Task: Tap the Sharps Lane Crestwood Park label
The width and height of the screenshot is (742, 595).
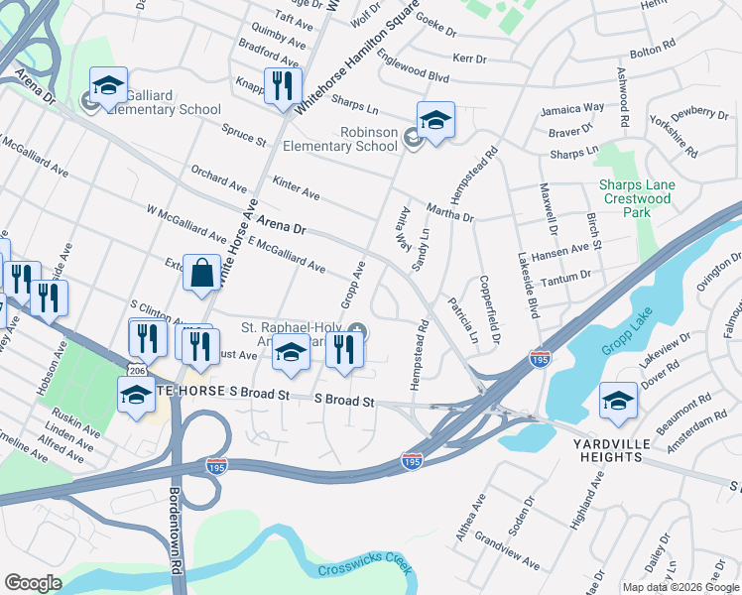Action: [x=637, y=192]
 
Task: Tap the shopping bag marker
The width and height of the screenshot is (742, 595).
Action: [x=201, y=274]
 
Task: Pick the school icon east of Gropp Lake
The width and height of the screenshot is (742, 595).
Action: [x=618, y=400]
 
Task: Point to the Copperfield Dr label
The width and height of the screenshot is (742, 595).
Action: [x=489, y=303]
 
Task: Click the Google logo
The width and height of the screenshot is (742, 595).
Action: [x=33, y=583]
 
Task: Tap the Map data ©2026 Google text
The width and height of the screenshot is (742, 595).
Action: [x=680, y=587]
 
